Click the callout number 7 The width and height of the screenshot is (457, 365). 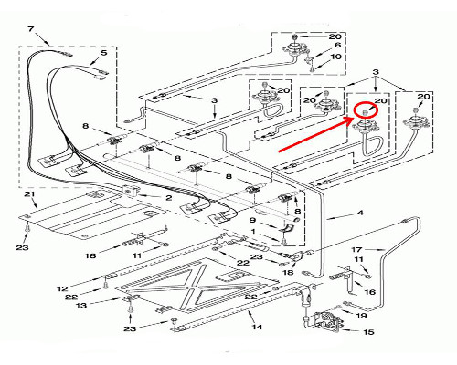[x=30, y=29]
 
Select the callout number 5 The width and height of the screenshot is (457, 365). [x=104, y=53]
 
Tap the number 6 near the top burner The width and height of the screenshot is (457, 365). [x=337, y=45]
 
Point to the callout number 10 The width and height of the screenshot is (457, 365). [x=335, y=57]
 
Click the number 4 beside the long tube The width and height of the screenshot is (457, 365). [x=360, y=213]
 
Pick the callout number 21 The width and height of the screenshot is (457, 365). [x=29, y=194]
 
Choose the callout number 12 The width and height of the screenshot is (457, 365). [x=62, y=288]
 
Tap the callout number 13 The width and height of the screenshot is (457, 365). [x=81, y=305]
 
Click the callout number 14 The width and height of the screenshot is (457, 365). [x=257, y=327]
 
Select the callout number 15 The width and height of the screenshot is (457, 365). [x=368, y=332]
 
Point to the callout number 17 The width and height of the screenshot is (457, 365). [x=356, y=250]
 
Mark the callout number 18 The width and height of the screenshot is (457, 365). [x=288, y=272]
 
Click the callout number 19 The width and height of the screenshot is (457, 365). [x=361, y=316]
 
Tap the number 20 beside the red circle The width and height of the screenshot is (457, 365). [x=380, y=100]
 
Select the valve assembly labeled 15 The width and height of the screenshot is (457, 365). [x=326, y=321]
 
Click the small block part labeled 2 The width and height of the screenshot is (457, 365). [x=130, y=191]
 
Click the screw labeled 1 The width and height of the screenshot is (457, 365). [x=284, y=242]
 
